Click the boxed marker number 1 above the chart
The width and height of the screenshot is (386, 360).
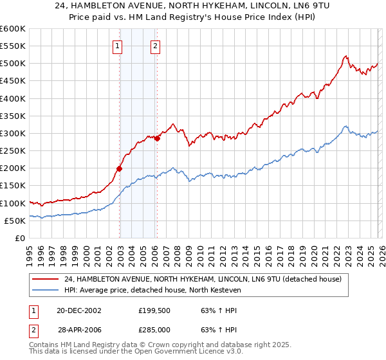coord(119,46)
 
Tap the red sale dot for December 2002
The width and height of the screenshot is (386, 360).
coord(119,169)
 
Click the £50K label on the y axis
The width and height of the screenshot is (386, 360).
coord(15,221)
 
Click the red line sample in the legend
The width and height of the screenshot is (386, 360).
coord(46,279)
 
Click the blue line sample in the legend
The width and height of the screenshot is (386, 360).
coord(46,290)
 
